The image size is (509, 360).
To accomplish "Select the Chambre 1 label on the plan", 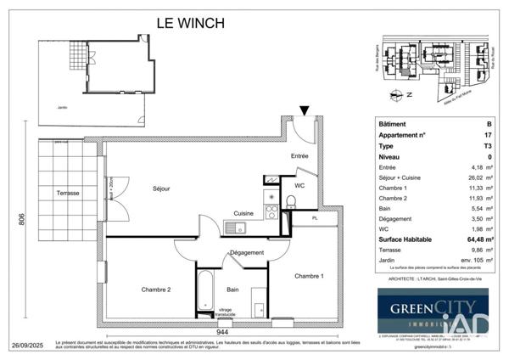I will coord(309,276).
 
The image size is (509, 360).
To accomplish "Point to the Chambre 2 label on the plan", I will coord(156,290).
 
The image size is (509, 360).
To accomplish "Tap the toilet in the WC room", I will coord(290,202).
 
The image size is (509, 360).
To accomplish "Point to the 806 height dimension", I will coord(21,222).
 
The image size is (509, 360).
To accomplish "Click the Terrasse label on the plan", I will coord(68,194).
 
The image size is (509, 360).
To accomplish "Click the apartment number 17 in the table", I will coord(487,134).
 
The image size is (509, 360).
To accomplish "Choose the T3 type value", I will coord(487,145).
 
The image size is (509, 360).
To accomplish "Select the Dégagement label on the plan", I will coord(246,252).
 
